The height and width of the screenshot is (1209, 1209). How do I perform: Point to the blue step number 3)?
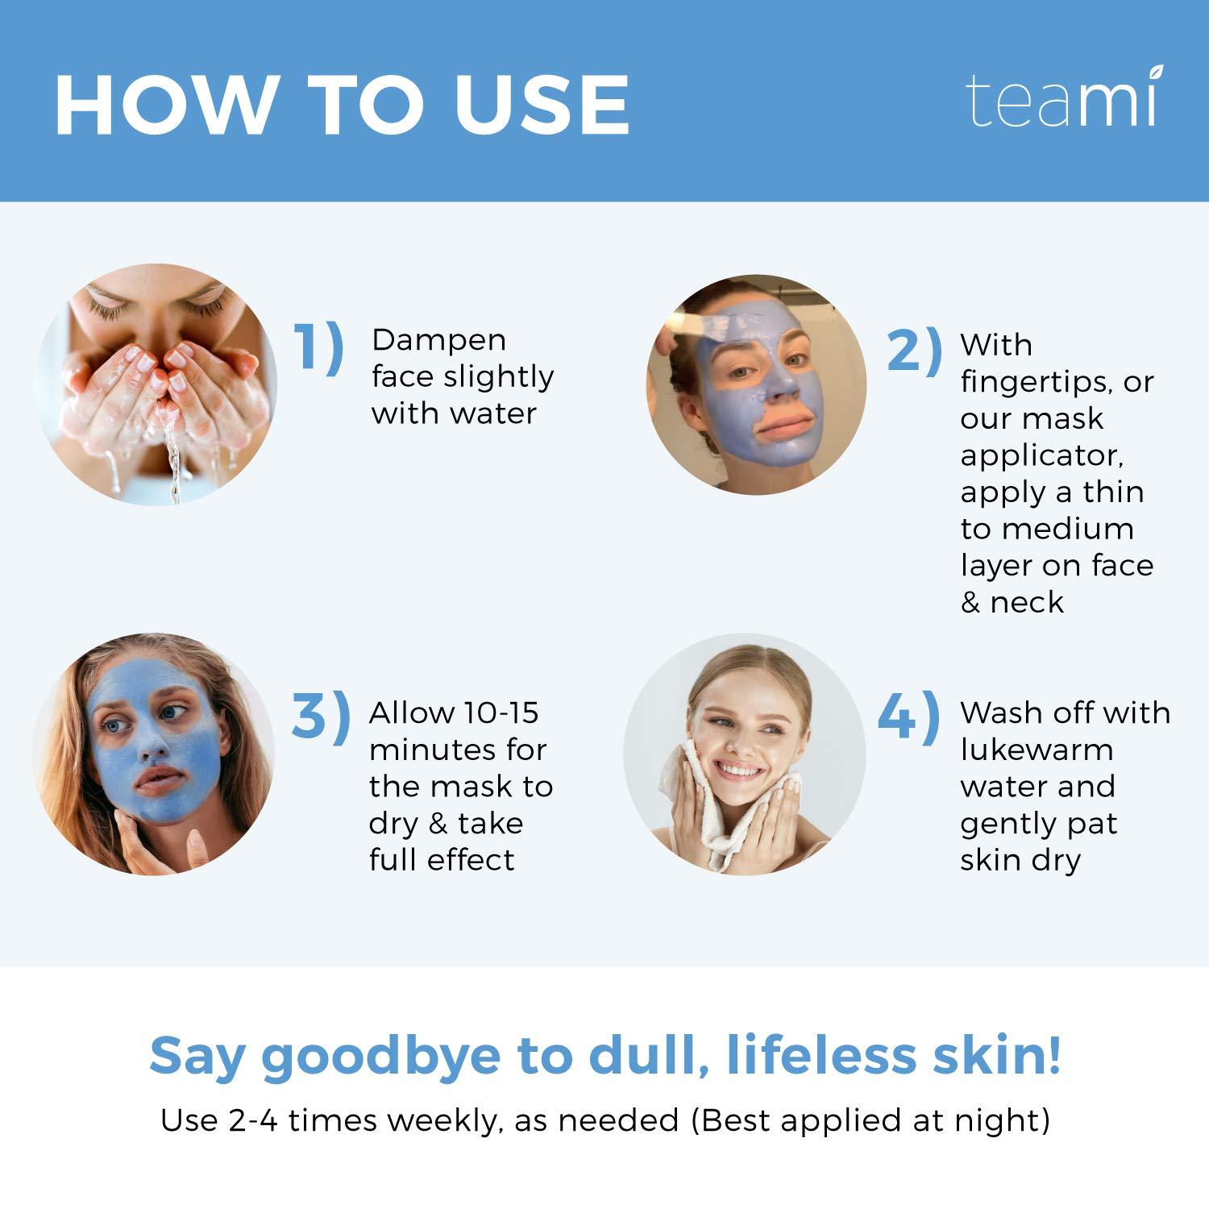point(320,714)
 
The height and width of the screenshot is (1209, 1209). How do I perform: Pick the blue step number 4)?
point(908,714)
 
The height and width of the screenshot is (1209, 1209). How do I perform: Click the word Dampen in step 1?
point(438,341)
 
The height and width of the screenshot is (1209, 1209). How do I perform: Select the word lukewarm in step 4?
point(1037,750)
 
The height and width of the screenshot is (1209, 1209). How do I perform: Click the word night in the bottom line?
point(1005,1121)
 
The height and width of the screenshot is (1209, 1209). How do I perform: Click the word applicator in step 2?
point(1041,456)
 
